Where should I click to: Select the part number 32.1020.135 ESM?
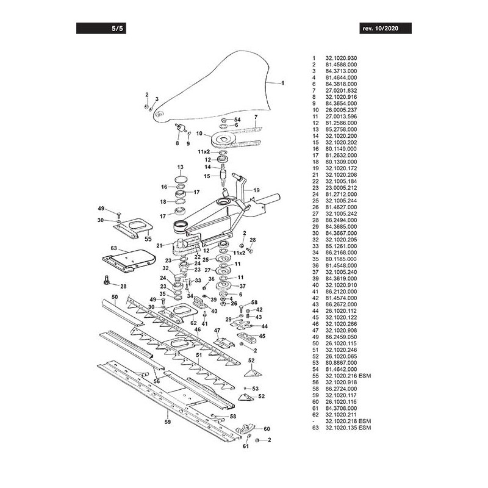coord(349,427)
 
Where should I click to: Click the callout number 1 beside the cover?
coord(283,82)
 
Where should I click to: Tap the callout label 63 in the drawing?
coord(113,248)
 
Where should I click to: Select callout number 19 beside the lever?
coord(256,190)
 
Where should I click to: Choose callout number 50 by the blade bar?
coord(113,296)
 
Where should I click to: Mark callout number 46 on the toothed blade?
coord(197,329)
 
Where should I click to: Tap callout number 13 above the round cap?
coord(180,167)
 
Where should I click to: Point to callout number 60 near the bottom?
coord(267,429)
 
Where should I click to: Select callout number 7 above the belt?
coord(256,117)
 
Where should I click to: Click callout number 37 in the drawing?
coord(242,286)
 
